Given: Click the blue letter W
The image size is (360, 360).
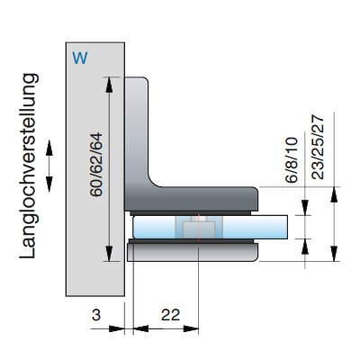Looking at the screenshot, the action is click(80, 58).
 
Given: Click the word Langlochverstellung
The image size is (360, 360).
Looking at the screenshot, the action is click(29, 166).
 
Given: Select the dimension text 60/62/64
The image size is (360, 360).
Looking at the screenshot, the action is click(96, 165).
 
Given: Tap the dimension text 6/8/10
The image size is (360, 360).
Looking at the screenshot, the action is click(292, 159).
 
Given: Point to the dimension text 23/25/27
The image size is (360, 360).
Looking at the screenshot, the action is click(318, 148).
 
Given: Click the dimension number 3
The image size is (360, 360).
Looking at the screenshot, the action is click(96, 315).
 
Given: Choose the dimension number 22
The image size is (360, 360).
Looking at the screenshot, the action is click(170, 315).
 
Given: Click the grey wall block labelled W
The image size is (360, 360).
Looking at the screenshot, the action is click(95, 169).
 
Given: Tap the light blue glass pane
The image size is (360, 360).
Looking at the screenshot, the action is click(210, 227).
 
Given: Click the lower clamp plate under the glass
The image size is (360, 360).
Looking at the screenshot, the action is click(192, 252).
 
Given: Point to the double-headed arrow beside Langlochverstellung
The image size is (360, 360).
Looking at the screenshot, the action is click(49, 166).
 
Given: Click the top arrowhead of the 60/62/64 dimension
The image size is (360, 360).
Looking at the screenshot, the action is click(109, 85).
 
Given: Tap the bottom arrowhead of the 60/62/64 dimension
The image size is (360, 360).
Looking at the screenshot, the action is click(109, 254).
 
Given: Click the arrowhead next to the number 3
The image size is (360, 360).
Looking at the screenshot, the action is click(117, 328).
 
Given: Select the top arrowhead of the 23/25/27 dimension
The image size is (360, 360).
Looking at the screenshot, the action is click(334, 194).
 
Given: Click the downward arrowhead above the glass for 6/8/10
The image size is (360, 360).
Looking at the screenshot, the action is click(305, 208).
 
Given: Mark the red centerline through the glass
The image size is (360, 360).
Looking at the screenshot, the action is click(199, 228).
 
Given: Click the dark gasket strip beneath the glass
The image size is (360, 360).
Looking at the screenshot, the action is click(192, 241).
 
